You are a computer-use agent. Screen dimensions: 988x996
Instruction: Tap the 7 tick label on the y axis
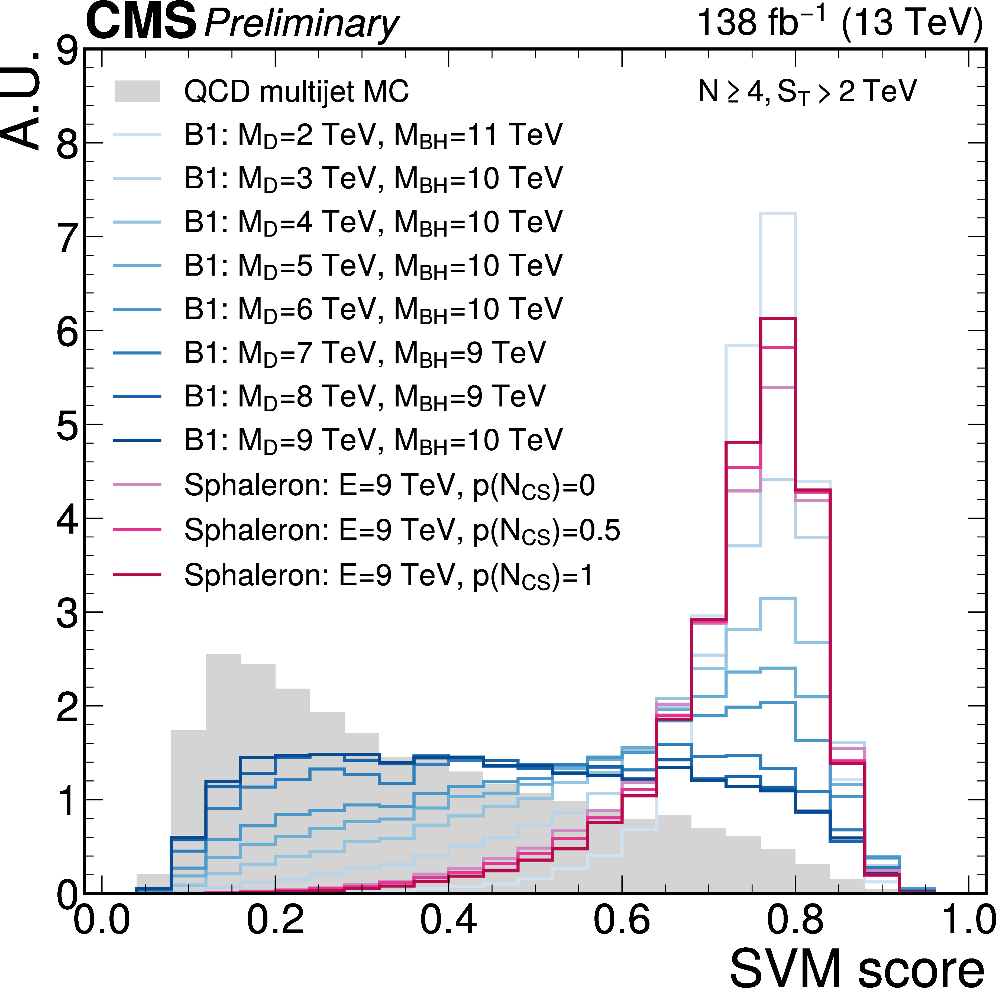(68, 238)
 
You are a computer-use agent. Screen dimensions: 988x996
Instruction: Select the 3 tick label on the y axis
(68, 613)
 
